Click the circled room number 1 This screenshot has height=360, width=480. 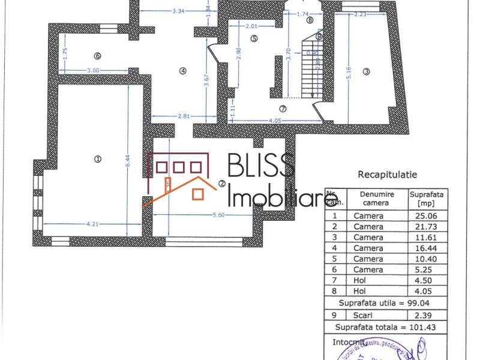tap(97, 159)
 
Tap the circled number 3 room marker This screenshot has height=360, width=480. tap(367, 72)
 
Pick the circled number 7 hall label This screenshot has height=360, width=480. tap(283, 109)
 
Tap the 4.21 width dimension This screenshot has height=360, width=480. tap(92, 224)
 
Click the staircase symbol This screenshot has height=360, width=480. tap(309, 67)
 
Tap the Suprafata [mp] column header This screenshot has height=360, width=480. tap(426, 199)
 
